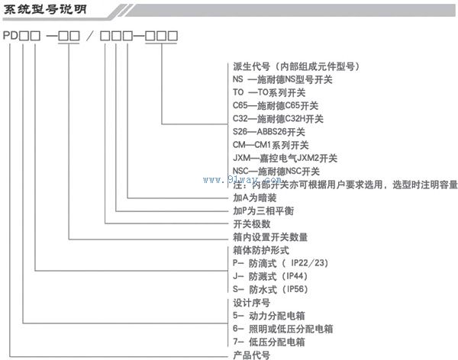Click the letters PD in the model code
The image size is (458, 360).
(12, 36)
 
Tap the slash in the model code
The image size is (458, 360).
(92, 36)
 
